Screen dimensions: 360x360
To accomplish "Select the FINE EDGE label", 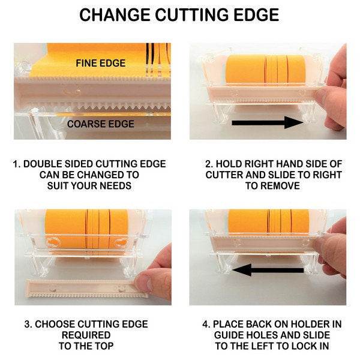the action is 101,63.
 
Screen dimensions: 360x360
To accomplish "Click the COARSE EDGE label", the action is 101,124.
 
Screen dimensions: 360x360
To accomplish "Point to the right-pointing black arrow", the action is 268,122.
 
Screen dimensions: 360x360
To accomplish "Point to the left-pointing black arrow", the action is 268,270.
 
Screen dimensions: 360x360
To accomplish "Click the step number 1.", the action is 16,164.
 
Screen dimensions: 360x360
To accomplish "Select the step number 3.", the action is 28,324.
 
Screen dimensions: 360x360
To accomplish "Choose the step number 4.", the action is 206,324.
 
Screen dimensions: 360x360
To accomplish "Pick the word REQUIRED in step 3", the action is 86,335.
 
